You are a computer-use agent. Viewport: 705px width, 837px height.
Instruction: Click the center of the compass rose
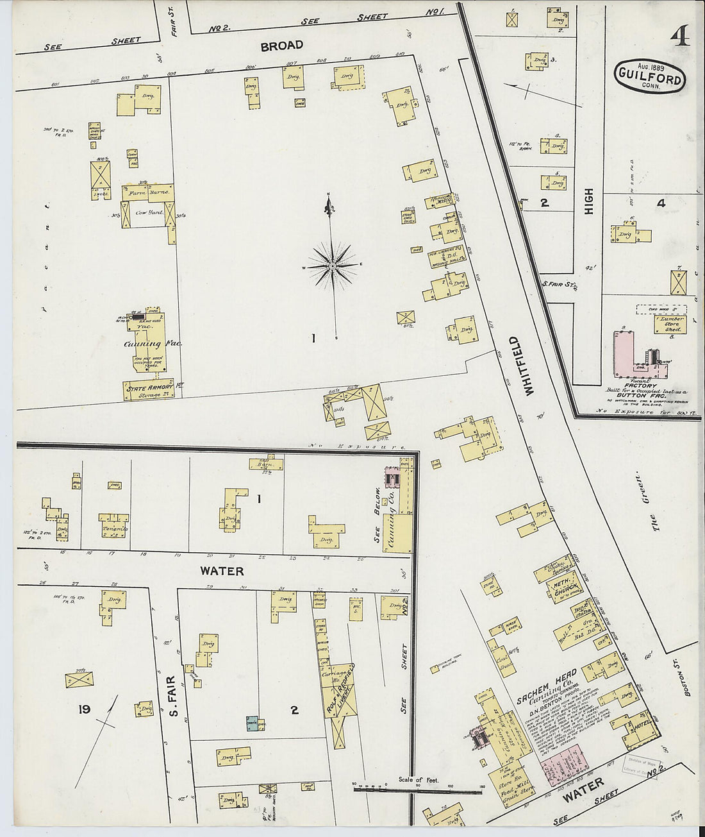(333, 265)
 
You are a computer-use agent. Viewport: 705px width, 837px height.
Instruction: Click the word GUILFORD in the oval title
(650, 73)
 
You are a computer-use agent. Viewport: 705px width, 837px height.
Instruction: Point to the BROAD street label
(281, 46)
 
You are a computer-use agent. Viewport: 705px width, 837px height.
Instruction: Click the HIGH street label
(589, 201)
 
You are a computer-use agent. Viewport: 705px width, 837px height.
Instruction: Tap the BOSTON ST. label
(688, 680)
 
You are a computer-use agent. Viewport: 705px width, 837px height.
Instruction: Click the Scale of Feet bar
(417, 789)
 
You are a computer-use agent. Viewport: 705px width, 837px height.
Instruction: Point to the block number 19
(83, 709)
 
